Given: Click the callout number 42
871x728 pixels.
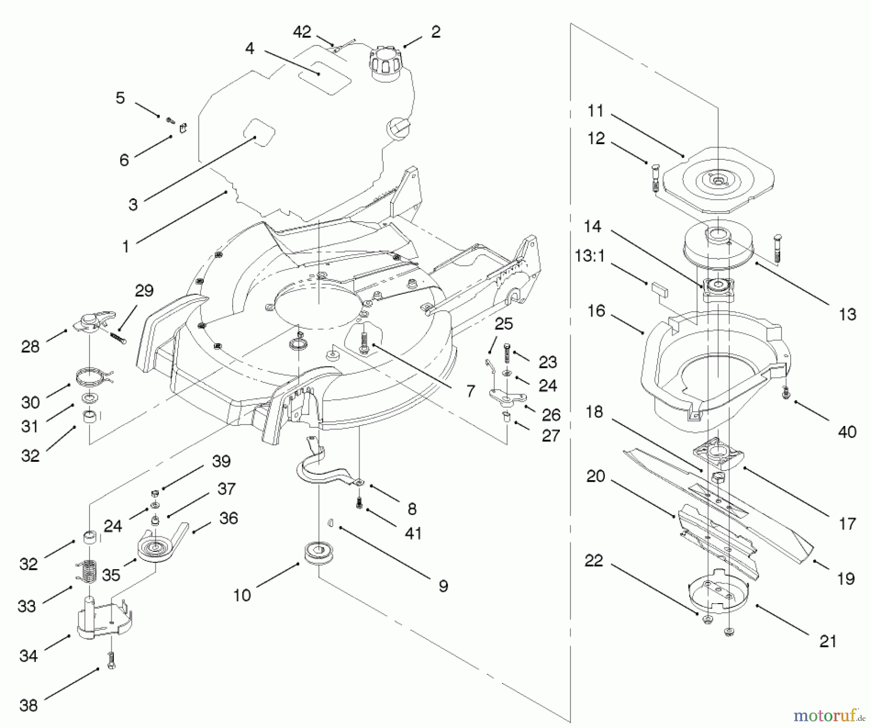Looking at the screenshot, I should pos(302,32).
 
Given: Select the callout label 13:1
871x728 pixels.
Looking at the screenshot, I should pos(589,256).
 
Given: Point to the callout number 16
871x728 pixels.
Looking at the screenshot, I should pos(596,310).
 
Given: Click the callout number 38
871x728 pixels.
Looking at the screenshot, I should pos(28,705).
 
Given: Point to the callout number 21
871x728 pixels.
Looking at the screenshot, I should pos(828,641).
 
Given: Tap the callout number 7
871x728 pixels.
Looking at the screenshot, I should pos(470,391).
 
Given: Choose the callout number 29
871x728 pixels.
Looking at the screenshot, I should pos(144,290).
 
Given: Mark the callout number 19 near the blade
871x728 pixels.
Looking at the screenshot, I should pos(845,578).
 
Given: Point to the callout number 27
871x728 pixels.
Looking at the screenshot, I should pos(551,435).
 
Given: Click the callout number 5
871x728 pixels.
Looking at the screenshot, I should pos(120,98).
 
